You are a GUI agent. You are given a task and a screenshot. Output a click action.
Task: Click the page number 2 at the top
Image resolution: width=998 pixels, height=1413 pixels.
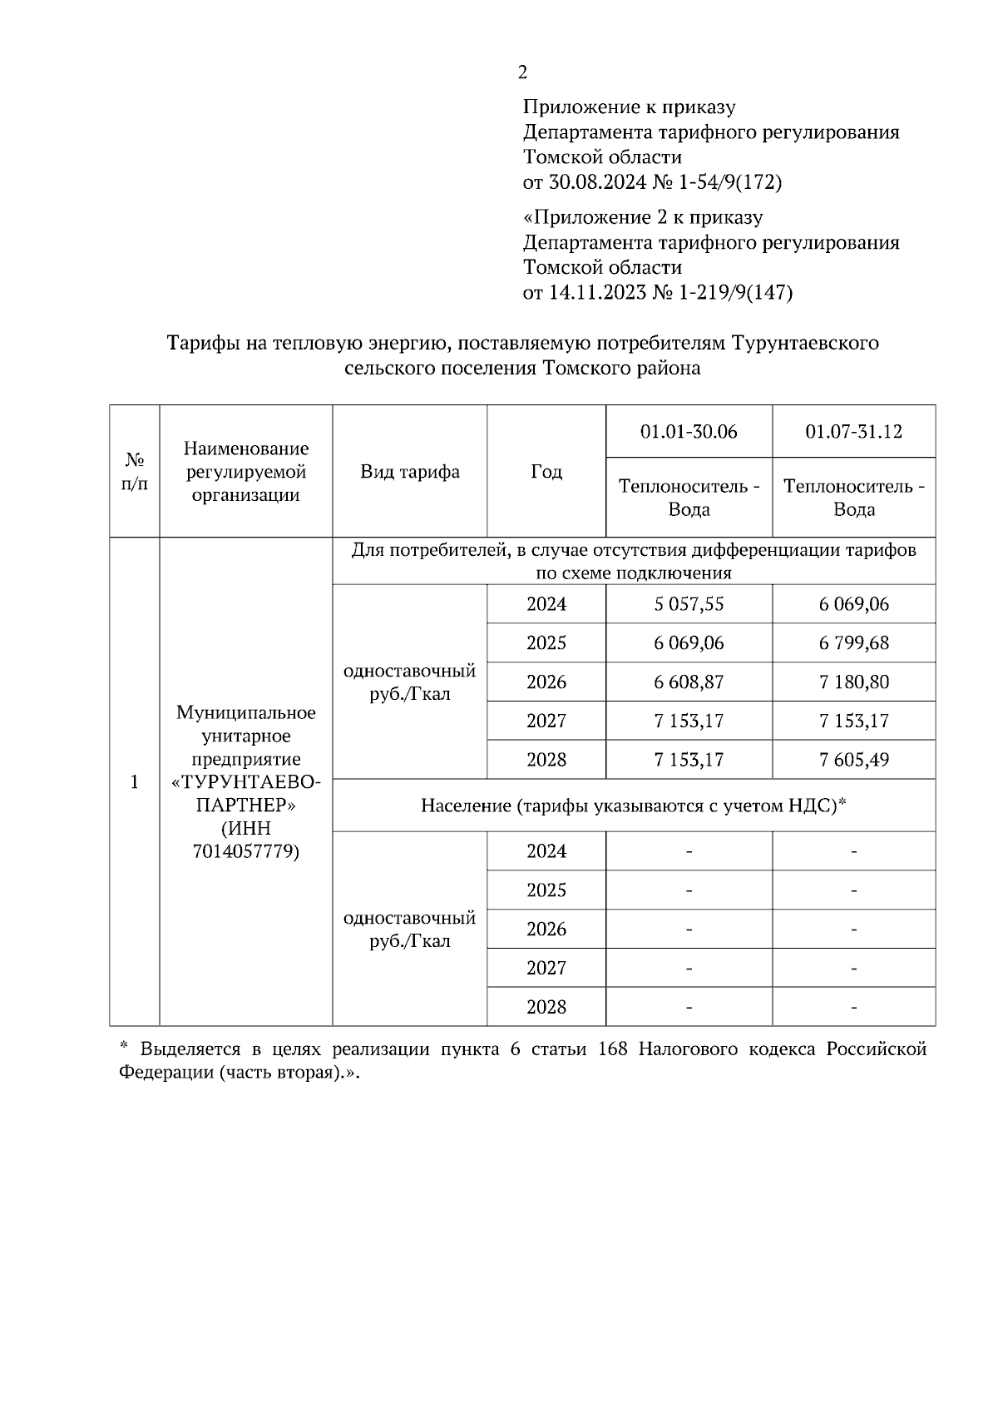pyautogui.click(x=521, y=73)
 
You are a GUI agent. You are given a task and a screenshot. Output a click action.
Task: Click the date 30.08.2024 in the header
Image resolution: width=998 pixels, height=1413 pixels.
pyautogui.click(x=595, y=182)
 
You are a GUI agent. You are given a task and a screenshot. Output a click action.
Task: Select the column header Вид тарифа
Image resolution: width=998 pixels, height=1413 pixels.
pyautogui.click(x=409, y=472)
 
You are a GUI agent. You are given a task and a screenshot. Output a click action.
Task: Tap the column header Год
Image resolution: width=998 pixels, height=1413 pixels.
pyautogui.click(x=546, y=472)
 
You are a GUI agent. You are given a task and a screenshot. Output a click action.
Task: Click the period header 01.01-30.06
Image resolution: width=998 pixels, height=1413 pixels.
pyautogui.click(x=688, y=432)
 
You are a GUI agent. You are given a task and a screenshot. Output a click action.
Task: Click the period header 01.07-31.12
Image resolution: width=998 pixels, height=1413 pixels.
pyautogui.click(x=853, y=432)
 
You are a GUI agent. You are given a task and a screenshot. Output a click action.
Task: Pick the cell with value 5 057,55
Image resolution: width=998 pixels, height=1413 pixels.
pyautogui.click(x=688, y=604)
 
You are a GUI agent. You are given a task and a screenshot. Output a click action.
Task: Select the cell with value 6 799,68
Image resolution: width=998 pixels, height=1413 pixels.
pyautogui.click(x=853, y=643)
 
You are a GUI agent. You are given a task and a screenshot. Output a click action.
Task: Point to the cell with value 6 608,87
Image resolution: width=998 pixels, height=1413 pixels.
pyautogui.click(x=688, y=682)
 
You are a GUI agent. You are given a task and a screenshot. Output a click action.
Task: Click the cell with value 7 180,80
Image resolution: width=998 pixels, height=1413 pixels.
pyautogui.click(x=853, y=682)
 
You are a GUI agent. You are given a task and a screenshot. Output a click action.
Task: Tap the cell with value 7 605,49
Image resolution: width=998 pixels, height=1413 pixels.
pyautogui.click(x=853, y=760)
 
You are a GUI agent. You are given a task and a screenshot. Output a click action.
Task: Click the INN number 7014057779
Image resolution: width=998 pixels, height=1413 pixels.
pyautogui.click(x=245, y=852)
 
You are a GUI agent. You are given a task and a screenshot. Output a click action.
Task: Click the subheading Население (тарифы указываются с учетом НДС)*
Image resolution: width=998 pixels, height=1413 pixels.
pyautogui.click(x=633, y=806)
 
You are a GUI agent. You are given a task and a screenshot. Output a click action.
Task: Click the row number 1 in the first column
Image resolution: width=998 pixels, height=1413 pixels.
pyautogui.click(x=134, y=782)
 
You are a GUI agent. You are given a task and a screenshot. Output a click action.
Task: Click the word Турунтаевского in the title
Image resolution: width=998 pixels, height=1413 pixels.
pyautogui.click(x=804, y=343)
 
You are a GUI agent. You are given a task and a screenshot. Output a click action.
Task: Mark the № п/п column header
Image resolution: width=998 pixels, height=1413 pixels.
pyautogui.click(x=134, y=472)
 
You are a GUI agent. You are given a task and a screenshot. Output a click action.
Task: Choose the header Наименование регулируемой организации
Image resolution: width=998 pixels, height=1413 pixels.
pyautogui.click(x=245, y=472)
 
